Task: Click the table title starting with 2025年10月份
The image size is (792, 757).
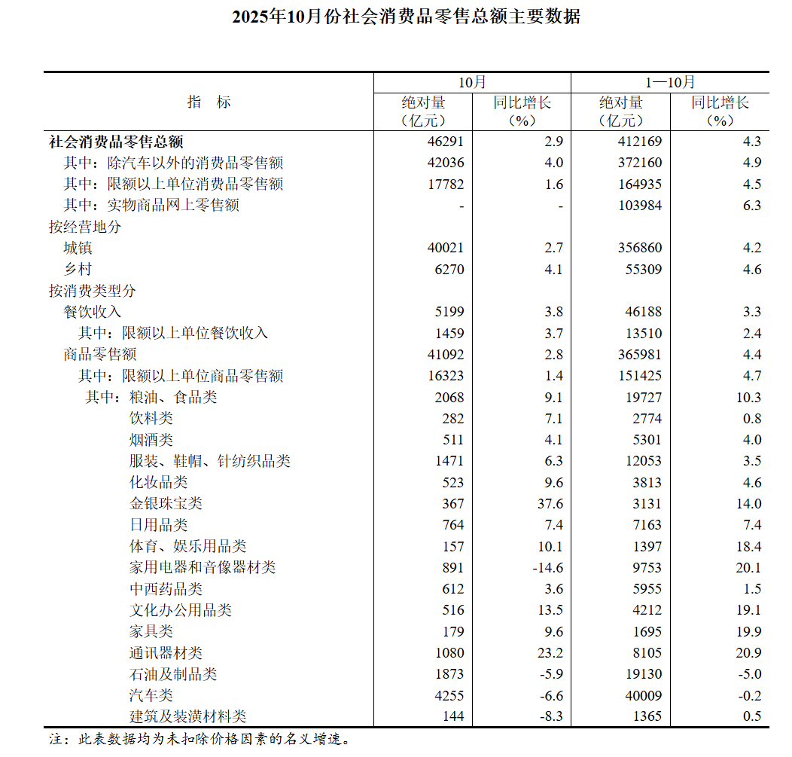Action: click(406, 17)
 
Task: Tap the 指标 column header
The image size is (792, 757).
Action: click(209, 102)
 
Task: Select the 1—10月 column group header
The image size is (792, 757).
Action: click(670, 82)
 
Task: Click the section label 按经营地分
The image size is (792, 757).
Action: click(85, 227)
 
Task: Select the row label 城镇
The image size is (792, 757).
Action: click(78, 248)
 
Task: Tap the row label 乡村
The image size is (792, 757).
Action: click(78, 269)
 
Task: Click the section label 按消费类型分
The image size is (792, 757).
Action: click(93, 290)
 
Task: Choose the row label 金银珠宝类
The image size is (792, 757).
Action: click(166, 504)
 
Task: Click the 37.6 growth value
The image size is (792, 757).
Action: click(548, 504)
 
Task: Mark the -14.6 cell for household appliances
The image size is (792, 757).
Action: click(546, 568)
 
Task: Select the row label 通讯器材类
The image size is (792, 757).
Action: click(166, 653)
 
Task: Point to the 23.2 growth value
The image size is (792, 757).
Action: click(548, 653)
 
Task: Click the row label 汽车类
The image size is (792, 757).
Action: click(151, 695)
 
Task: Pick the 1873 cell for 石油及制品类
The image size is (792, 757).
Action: click(449, 674)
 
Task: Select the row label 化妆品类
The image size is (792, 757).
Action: click(158, 482)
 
